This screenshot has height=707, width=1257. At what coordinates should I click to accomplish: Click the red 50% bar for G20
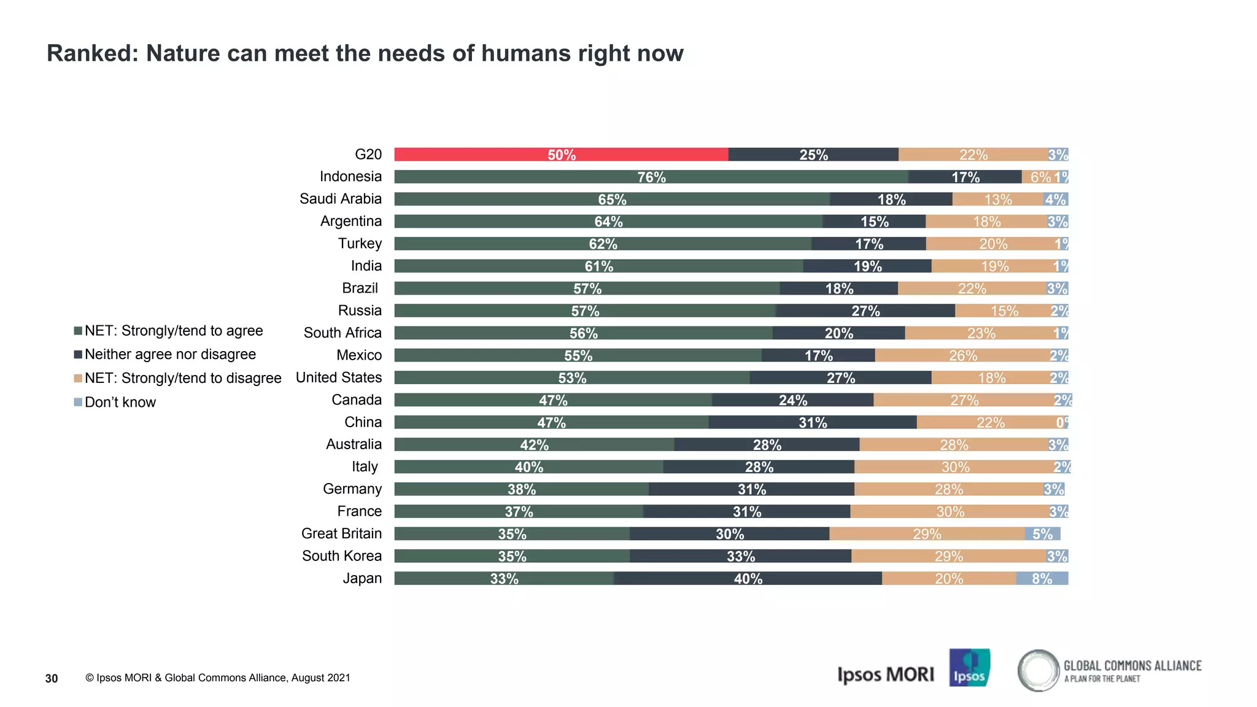pyautogui.click(x=561, y=155)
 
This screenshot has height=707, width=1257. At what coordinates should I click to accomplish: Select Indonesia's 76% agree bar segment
pyautogui.click(x=651, y=177)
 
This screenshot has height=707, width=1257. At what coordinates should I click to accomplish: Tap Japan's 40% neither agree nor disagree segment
pyautogui.click(x=748, y=578)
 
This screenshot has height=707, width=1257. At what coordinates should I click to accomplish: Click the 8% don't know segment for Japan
pyautogui.click(x=1042, y=578)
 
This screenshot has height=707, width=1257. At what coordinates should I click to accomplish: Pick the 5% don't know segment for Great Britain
pyautogui.click(x=1042, y=533)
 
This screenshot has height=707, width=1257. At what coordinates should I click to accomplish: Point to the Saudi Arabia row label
pyautogui.click(x=341, y=199)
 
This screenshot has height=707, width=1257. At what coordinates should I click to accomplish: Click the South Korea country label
pyautogui.click(x=342, y=556)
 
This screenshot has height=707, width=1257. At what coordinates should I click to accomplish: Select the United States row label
pyautogui.click(x=339, y=377)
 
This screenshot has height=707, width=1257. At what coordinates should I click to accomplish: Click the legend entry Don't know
pyautogui.click(x=120, y=402)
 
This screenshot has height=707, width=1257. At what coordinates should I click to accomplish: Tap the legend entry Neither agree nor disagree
pyautogui.click(x=170, y=354)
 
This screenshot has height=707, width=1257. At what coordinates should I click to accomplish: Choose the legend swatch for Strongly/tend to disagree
pyautogui.click(x=78, y=378)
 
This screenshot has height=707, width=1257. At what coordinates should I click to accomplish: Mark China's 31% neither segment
pyautogui.click(x=812, y=422)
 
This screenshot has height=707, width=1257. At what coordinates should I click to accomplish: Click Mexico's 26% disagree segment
pyautogui.click(x=962, y=355)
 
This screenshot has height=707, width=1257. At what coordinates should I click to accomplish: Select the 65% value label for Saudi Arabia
pyautogui.click(x=612, y=199)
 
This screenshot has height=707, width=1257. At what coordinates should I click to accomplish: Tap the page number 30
pyautogui.click(x=52, y=678)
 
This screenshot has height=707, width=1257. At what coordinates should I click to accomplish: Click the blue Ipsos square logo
pyautogui.click(x=969, y=668)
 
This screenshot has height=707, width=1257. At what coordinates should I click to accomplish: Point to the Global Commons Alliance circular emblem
pyautogui.click(x=1038, y=670)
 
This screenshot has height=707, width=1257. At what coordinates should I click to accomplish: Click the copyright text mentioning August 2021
pyautogui.click(x=218, y=678)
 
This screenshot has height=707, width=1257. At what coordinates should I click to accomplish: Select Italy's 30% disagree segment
pyautogui.click(x=955, y=467)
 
